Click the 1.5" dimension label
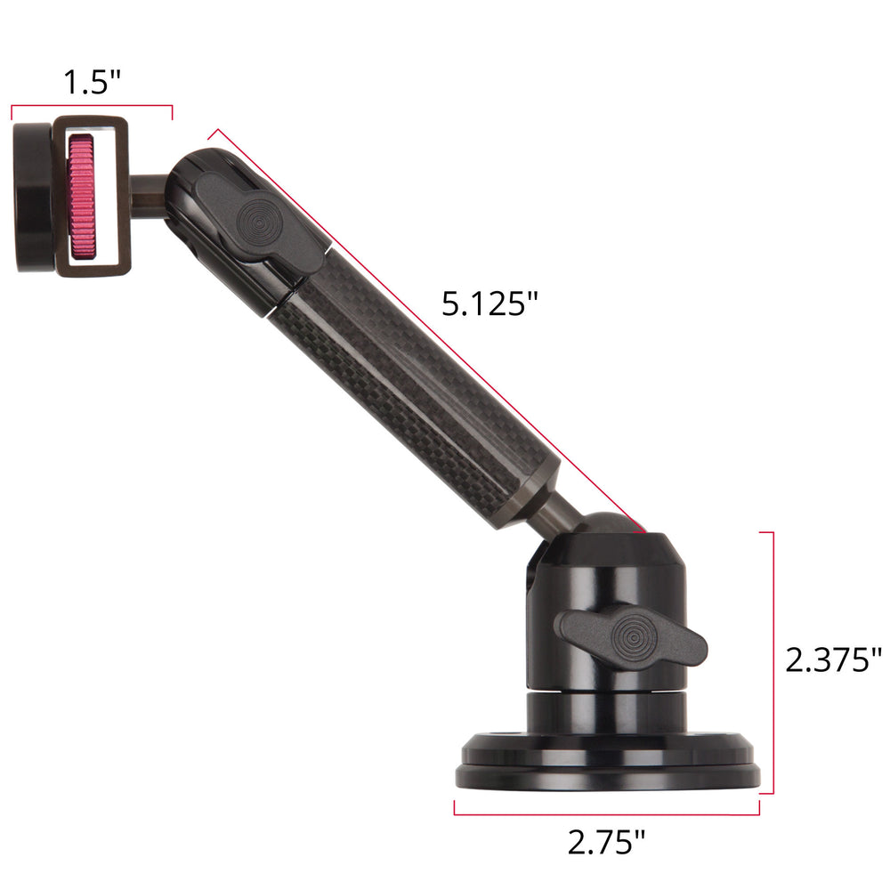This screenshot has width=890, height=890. (x=93, y=82)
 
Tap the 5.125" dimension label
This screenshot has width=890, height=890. (x=489, y=303)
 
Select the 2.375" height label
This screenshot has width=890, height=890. (x=833, y=659)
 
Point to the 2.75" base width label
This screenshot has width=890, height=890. (x=606, y=842)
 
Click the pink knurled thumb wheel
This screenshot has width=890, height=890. (x=82, y=197)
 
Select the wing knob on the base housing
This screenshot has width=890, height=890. (x=631, y=636)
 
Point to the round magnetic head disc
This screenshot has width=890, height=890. (x=33, y=197)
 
